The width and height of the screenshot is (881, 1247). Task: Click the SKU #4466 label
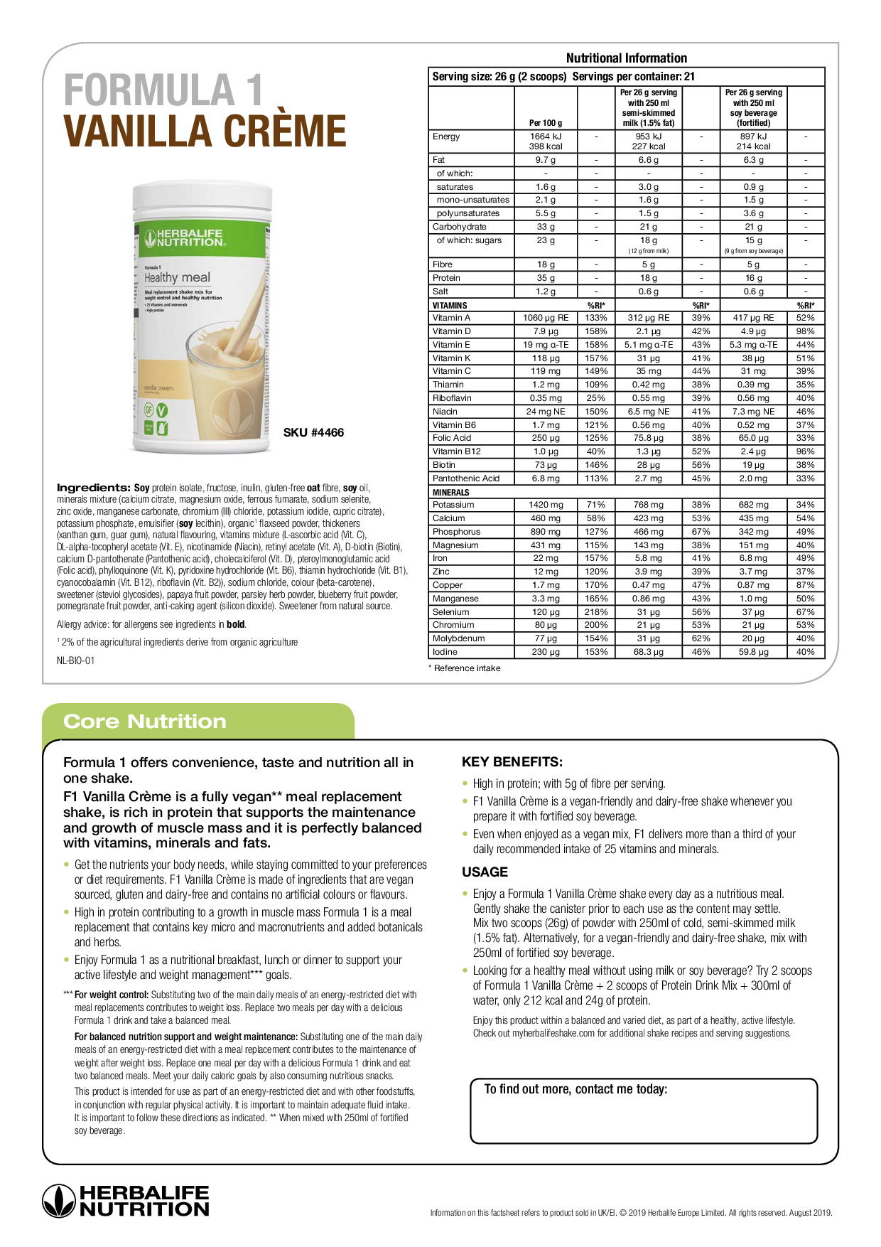coord(313,432)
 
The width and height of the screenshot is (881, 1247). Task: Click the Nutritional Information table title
coord(626,58)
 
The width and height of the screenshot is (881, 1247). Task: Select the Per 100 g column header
coord(546,123)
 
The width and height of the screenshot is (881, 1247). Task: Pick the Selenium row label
coord(451,612)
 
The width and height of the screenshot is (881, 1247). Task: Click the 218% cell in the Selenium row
coord(596,612)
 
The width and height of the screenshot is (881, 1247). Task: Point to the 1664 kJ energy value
coord(546,137)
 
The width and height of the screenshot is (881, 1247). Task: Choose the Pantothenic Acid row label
coord(466,478)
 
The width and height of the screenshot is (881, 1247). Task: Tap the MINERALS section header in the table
coord(451,492)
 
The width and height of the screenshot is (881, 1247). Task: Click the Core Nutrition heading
coord(145,722)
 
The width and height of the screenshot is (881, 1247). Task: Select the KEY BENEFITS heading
coord(512,762)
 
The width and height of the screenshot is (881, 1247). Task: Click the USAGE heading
coord(485,872)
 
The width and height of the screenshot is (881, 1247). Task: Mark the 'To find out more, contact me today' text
coord(575,1089)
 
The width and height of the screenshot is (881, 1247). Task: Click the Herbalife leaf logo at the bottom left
coord(58,1201)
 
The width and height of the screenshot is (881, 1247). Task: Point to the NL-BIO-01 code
coord(75,660)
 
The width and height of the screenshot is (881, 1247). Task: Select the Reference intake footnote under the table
coord(467,668)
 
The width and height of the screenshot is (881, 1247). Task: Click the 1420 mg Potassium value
coord(546,505)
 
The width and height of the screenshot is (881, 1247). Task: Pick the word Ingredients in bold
coord(93,488)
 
